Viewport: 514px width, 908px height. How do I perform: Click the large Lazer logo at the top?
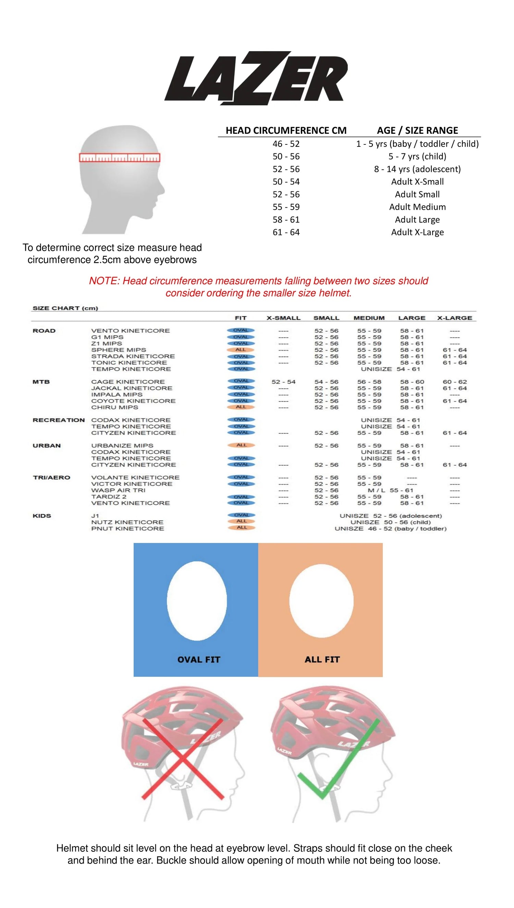(256, 78)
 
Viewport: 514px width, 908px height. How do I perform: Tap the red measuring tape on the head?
(119, 157)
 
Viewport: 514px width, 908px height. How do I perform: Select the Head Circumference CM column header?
(286, 130)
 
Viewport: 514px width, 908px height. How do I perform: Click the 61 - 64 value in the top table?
(286, 232)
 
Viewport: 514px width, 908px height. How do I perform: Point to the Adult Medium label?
(417, 207)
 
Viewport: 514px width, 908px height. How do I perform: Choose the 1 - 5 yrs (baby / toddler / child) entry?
(417, 144)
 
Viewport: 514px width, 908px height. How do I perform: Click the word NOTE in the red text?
(104, 281)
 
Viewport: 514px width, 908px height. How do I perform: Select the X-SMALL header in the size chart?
(283, 318)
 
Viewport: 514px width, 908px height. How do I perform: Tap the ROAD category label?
(44, 331)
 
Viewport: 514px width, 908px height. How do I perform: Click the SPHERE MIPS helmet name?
(118, 350)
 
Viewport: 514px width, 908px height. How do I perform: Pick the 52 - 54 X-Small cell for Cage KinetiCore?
(283, 382)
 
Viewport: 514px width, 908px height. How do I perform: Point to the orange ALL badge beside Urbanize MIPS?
(242, 445)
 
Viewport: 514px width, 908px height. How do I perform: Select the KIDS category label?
(42, 516)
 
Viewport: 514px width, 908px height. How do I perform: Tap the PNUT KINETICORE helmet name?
(127, 529)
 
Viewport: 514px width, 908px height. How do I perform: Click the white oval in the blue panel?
(197, 601)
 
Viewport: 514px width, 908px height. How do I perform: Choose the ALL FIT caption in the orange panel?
(322, 660)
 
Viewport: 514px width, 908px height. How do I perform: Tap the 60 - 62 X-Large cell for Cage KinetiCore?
(455, 382)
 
